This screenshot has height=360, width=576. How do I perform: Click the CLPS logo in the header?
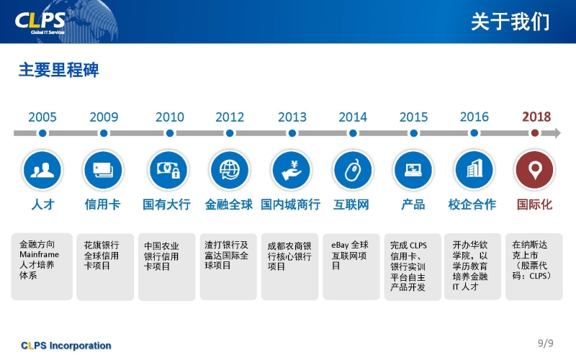[x=40, y=22]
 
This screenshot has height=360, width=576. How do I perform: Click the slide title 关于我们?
[x=510, y=22]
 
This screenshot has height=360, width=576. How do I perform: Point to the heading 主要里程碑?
[x=59, y=70]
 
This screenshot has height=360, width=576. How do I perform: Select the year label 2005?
[x=42, y=117]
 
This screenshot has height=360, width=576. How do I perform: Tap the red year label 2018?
[x=536, y=117]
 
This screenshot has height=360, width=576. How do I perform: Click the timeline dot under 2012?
[x=230, y=133]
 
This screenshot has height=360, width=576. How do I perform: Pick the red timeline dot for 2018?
[x=535, y=133]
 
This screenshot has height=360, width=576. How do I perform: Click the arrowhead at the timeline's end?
[x=556, y=133]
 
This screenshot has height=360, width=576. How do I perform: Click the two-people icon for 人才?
[x=42, y=170]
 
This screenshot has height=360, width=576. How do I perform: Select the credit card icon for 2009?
[x=103, y=170]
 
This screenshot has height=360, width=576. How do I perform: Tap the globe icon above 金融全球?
[x=230, y=170]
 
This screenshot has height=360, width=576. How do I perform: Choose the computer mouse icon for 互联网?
[x=353, y=170]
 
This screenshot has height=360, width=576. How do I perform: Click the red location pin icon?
[x=535, y=170]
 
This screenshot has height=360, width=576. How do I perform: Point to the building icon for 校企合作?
[x=474, y=170]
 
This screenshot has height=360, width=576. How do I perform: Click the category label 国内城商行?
[x=291, y=204]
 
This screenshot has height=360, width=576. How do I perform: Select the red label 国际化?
[x=534, y=204]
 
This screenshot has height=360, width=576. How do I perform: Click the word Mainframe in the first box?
[x=40, y=254]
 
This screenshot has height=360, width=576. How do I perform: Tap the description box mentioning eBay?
[x=351, y=266]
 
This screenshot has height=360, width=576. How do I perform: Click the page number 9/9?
[x=546, y=343]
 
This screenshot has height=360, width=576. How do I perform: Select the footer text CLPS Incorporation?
[x=66, y=346]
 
